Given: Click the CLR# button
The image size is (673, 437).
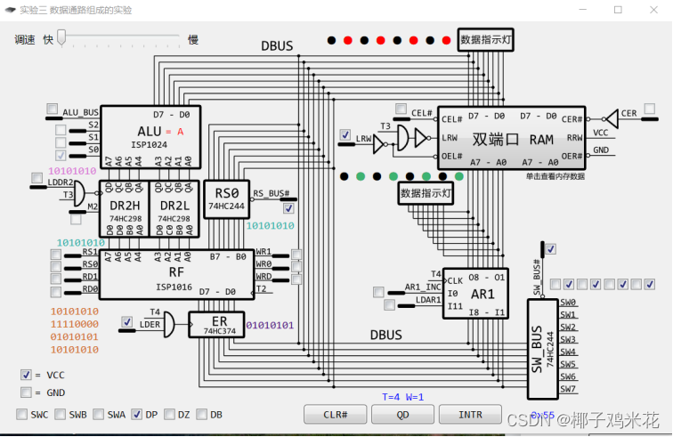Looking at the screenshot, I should tap(335, 415).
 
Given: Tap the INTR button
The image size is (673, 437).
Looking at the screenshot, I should tap(470, 415).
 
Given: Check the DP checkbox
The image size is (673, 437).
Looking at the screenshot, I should tap(137, 414).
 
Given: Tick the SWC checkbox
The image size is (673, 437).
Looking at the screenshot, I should tap(21, 414).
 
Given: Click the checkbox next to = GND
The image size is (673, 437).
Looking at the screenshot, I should tap(26, 392).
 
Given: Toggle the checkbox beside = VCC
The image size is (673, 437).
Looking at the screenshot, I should tap(26, 375).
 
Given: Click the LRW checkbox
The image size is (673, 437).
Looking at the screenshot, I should tap(345, 135).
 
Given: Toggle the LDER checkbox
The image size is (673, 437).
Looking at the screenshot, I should tap(127, 321).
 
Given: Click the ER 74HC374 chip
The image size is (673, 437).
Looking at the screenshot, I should tap(215, 325).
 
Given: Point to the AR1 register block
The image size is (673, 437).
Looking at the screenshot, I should tap(475, 293).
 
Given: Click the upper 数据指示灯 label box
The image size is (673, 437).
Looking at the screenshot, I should tap(486, 40).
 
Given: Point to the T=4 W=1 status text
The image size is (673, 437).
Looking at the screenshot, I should tap(403, 397).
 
